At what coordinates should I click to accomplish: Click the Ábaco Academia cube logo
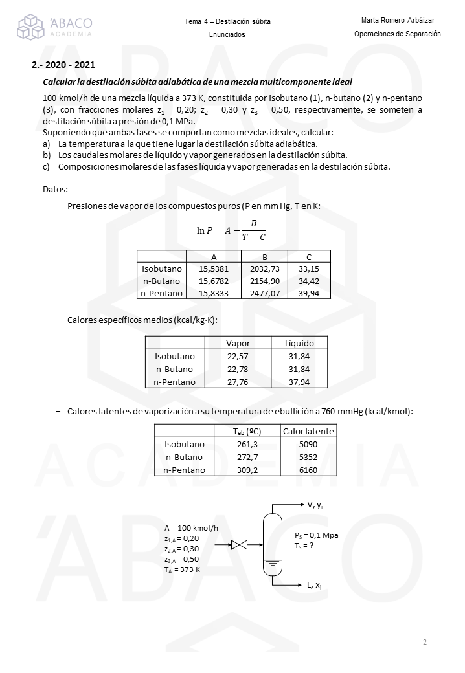click(32, 27)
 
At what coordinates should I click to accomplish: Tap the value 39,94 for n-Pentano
click(309, 293)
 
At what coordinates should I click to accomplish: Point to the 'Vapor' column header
click(238, 343)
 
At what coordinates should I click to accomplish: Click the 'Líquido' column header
click(299, 343)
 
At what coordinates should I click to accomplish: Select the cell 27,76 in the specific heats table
click(238, 382)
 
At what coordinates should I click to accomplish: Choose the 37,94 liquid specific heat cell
click(299, 382)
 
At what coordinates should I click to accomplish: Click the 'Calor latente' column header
click(308, 432)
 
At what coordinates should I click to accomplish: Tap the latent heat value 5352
click(308, 457)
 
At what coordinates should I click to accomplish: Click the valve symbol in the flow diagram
click(240, 546)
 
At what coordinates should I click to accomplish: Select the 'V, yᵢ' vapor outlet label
click(315, 505)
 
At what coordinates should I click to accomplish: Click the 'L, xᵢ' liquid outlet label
click(315, 586)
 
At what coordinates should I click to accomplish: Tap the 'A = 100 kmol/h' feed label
click(191, 527)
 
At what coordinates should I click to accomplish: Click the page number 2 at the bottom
click(425, 642)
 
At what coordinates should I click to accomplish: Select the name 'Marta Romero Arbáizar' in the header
click(398, 20)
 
